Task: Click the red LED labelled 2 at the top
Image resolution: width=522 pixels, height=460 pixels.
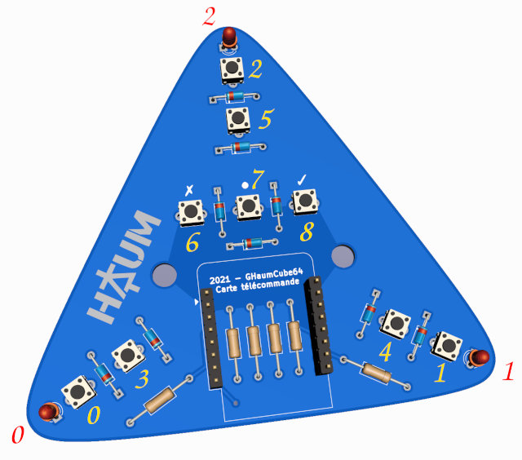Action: coord(230,37)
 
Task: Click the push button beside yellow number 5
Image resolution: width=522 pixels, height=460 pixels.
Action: coord(238,121)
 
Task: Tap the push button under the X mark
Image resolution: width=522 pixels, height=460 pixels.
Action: coord(191,212)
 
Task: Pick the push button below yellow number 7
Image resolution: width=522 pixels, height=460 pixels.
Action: coord(248,207)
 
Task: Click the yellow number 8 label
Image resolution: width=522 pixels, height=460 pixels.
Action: coord(306,232)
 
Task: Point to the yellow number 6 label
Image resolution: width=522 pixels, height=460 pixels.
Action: coord(192,243)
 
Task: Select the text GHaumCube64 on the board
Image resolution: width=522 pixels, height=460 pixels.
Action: coord(276,276)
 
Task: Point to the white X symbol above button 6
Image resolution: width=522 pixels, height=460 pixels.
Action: coord(190,190)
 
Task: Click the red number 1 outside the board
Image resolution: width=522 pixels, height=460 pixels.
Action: coord(507,374)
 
